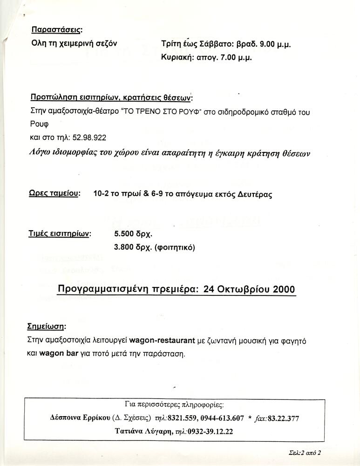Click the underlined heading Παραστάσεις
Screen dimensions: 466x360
56,30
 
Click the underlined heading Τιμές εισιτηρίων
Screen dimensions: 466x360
60,233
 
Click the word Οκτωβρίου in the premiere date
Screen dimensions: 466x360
243,289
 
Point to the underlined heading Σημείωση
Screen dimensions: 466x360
47,325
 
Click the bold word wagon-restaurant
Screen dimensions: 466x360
162,341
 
